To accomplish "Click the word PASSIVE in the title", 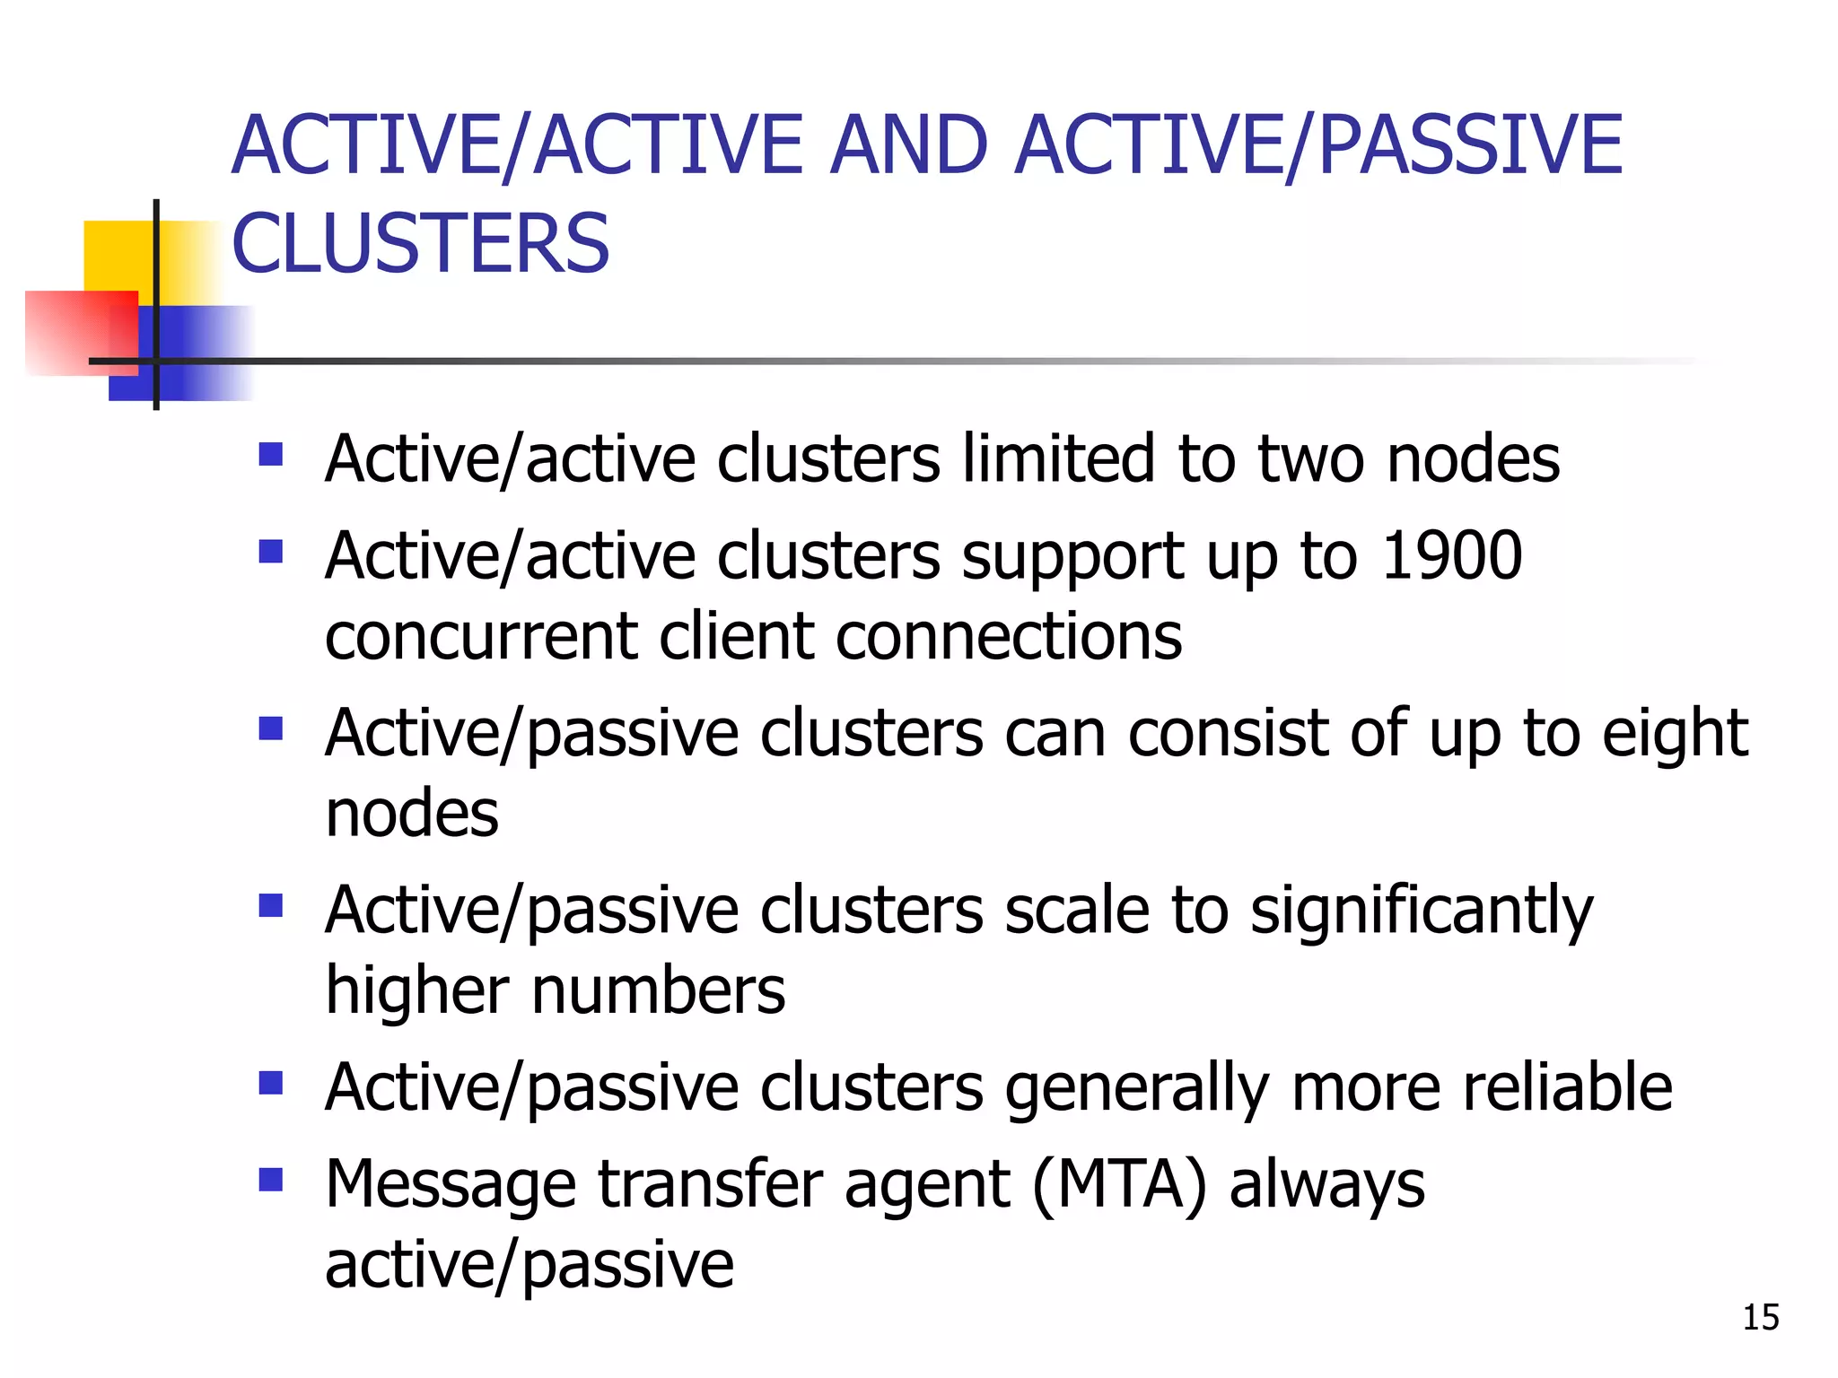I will [x=1471, y=145].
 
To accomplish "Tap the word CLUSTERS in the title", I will [x=420, y=244].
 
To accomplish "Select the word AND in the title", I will [x=908, y=145].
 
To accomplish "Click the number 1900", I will [x=1451, y=555].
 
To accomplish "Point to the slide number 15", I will [x=1760, y=1317].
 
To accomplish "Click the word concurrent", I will [x=481, y=636].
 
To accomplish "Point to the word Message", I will [x=450, y=1185].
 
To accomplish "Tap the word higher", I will [x=417, y=990].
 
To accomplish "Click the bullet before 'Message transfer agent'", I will [x=270, y=1178].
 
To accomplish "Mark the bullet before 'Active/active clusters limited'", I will [x=270, y=454].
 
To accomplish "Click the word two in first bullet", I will [x=1311, y=458].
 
